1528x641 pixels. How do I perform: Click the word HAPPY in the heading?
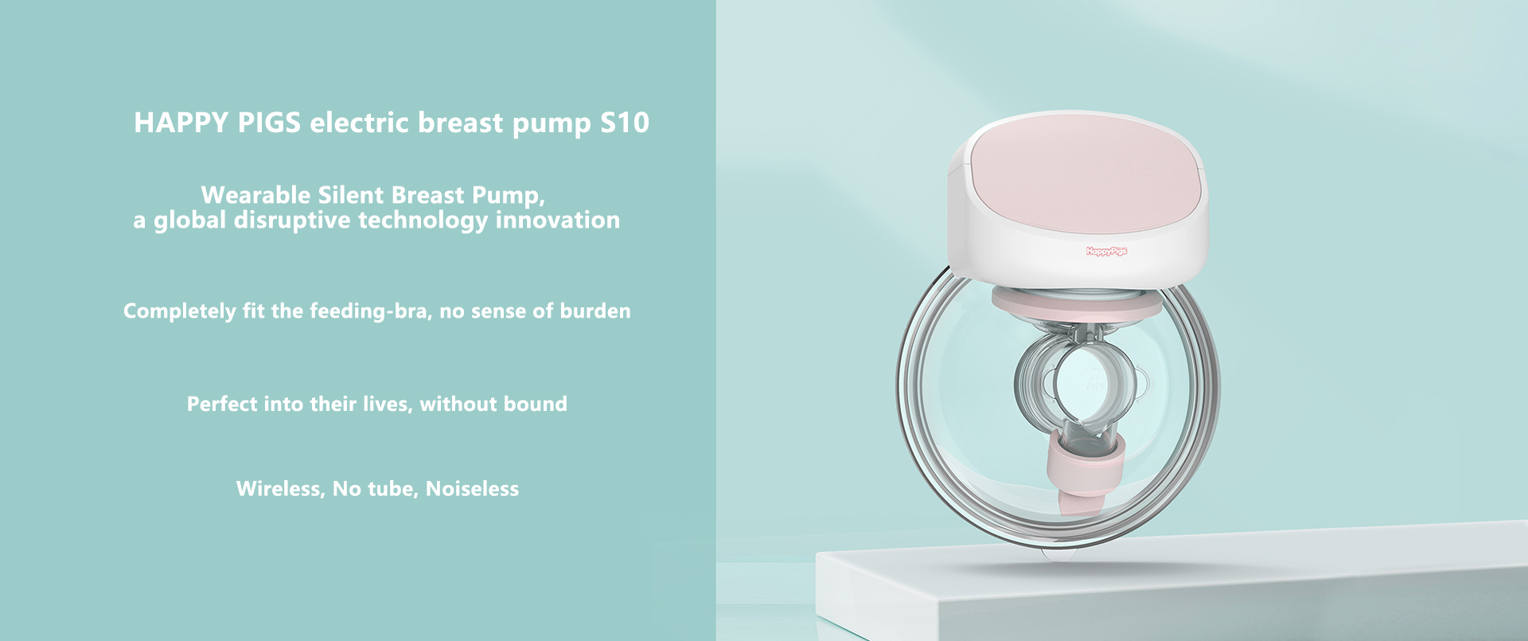pyautogui.click(x=181, y=123)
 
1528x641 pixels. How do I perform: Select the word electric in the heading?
pyautogui.click(x=359, y=123)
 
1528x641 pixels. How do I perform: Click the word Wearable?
pyautogui.click(x=255, y=195)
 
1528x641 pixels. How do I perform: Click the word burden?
pyautogui.click(x=595, y=311)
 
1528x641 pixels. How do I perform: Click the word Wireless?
pyautogui.click(x=280, y=489)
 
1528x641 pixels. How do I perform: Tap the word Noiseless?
pyautogui.click(x=472, y=489)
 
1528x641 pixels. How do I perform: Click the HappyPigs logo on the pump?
pyautogui.click(x=1106, y=252)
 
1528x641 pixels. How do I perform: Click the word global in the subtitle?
pyautogui.click(x=189, y=221)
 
